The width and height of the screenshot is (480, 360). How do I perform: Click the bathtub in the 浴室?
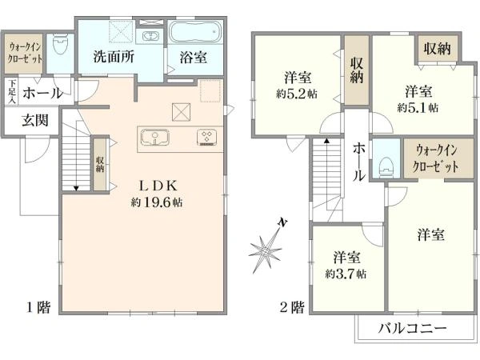click(x=197, y=35)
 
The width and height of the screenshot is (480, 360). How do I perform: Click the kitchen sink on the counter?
click(x=155, y=135)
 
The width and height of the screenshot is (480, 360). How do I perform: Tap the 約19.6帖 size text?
click(x=157, y=202)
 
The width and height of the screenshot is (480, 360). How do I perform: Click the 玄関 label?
click(x=34, y=121)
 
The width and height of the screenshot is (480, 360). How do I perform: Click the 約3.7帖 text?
click(x=346, y=274)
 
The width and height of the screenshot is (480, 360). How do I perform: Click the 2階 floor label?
click(x=292, y=306)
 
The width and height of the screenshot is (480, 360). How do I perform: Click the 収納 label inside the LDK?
click(x=100, y=164)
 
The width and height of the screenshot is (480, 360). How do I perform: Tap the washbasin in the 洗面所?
click(x=150, y=36)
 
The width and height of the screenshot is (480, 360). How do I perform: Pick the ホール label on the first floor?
click(x=42, y=94)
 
